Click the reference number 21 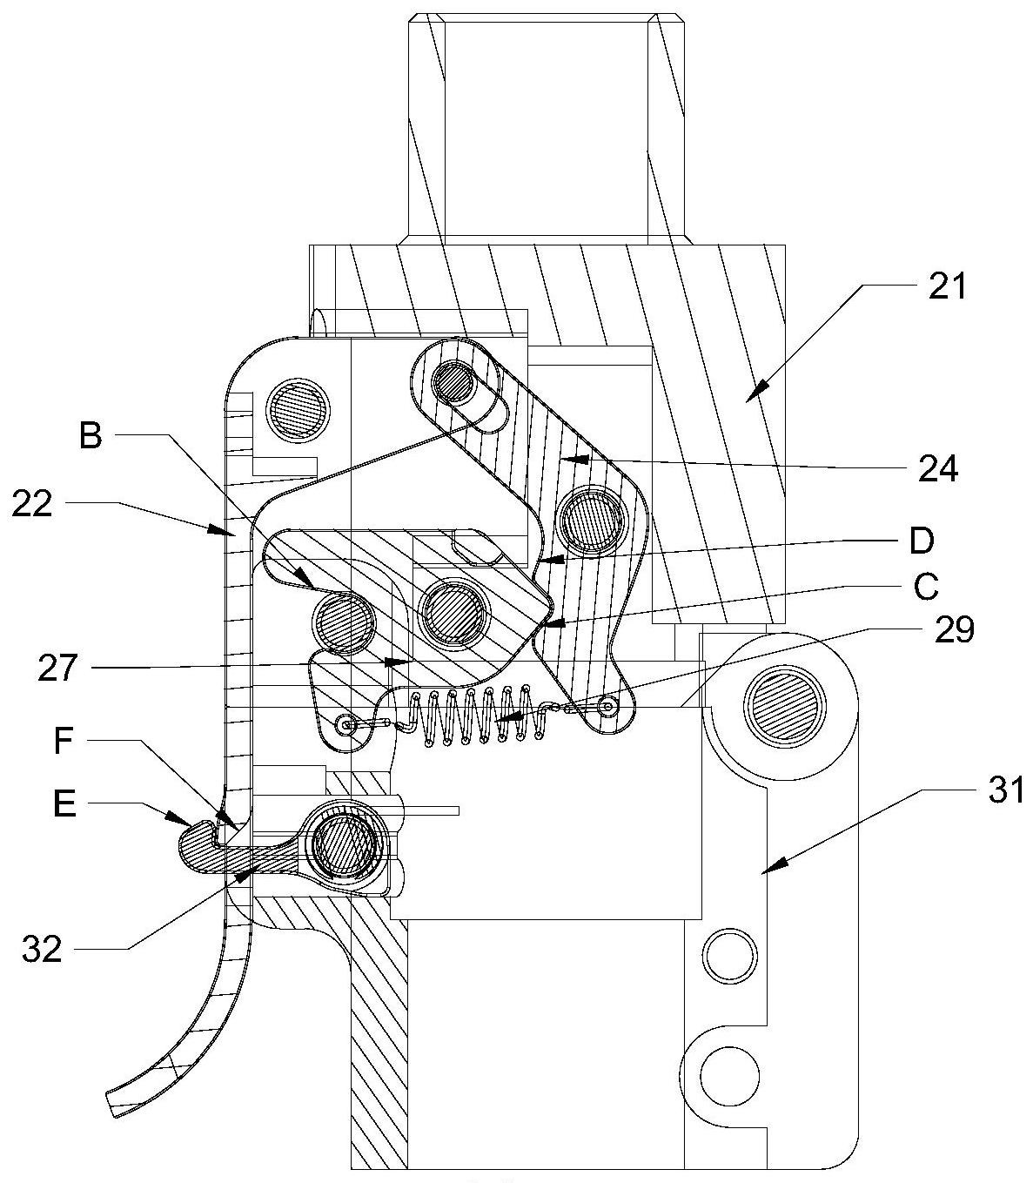947,286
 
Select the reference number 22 31,505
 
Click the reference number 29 955,630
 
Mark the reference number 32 42,948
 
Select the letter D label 922,541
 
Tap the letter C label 925,587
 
